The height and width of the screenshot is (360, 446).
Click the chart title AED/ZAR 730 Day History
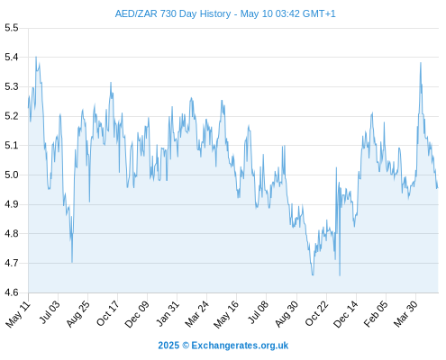pos(173,13)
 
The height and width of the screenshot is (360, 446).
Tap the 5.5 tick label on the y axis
pos(12,28)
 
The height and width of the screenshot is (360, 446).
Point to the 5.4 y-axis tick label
pos(12,57)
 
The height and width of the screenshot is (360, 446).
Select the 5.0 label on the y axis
pos(12,175)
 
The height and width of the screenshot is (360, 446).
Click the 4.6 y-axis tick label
pos(12,292)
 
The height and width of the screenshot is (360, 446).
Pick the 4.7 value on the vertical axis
pos(12,263)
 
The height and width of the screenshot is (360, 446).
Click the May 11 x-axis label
pos(18,314)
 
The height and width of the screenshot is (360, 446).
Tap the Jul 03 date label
pos(50,312)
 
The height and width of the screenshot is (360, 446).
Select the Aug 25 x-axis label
pos(78,314)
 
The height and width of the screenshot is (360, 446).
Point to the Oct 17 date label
pos(108,313)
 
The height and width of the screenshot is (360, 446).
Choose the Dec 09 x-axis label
pos(137,314)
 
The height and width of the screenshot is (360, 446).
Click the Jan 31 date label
pos(168,313)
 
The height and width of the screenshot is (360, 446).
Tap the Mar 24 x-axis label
pos(196,314)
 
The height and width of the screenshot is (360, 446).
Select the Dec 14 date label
pos(346,314)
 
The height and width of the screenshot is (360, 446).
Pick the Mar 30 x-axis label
pos(405,314)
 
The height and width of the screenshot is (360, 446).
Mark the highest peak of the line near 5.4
pos(36,57)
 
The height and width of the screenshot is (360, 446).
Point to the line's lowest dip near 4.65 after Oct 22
pos(340,275)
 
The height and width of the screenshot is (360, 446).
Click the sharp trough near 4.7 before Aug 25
pos(72,262)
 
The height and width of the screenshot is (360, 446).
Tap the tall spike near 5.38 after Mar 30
pos(421,63)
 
